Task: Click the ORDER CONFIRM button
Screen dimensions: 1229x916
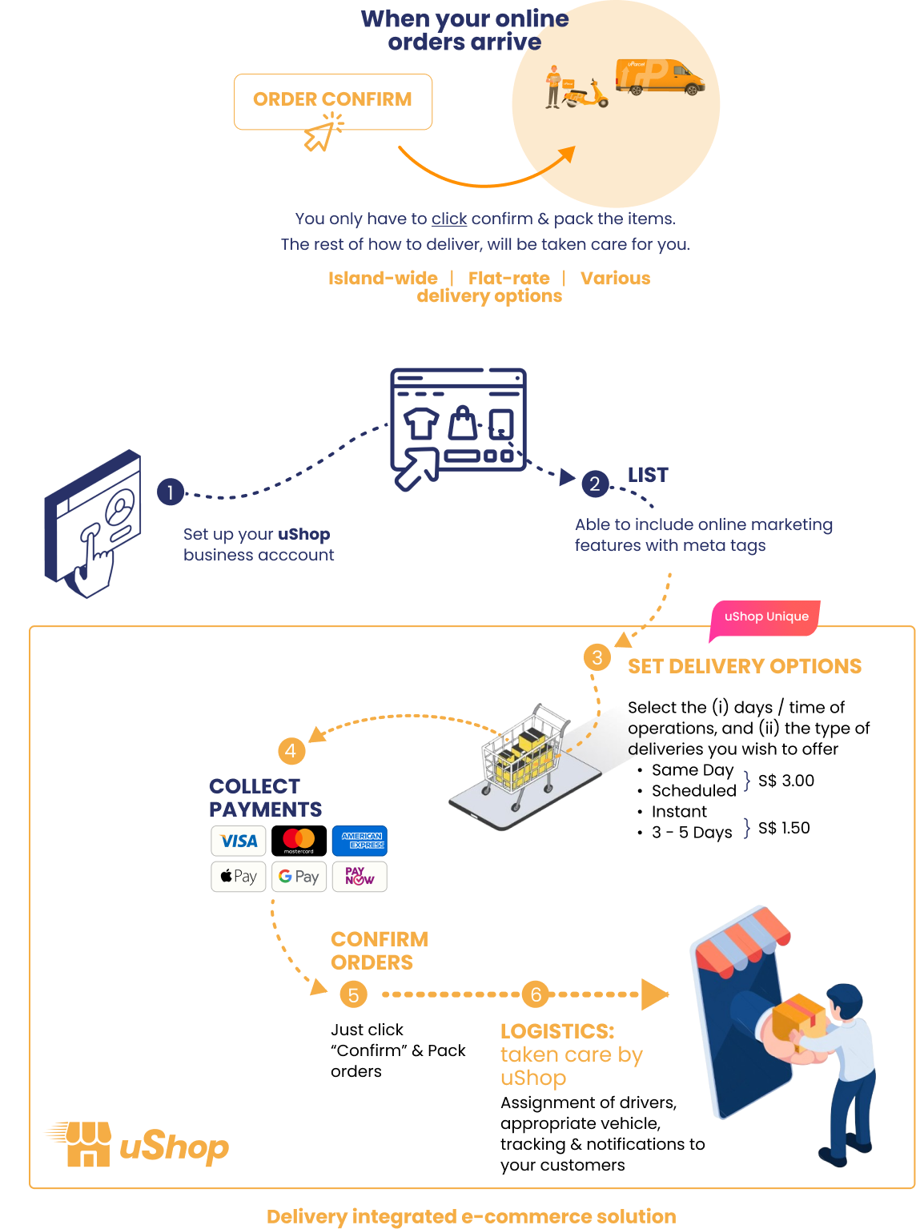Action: (332, 101)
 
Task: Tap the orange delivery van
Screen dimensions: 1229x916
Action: (661, 77)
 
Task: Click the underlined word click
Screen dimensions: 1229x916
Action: (449, 219)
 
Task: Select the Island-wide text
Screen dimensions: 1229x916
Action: (383, 278)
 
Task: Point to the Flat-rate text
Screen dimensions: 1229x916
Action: (509, 278)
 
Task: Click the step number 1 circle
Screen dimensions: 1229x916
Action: (171, 492)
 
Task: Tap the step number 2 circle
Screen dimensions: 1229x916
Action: (594, 484)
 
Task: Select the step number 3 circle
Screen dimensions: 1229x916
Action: (597, 658)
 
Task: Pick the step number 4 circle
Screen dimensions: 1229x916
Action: (291, 751)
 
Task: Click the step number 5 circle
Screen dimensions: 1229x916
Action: (353, 995)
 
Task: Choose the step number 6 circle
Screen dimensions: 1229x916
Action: (536, 994)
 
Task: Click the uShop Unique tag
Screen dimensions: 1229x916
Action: (765, 617)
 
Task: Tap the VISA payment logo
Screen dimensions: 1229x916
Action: (239, 841)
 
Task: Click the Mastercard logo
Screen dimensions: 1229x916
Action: (299, 841)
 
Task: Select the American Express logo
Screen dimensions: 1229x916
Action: (360, 841)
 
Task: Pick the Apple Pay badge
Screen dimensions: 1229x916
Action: (239, 877)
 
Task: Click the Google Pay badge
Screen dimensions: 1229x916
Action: (299, 877)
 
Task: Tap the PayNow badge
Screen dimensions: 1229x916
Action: (360, 877)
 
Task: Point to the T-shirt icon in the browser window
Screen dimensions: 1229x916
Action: (421, 423)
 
